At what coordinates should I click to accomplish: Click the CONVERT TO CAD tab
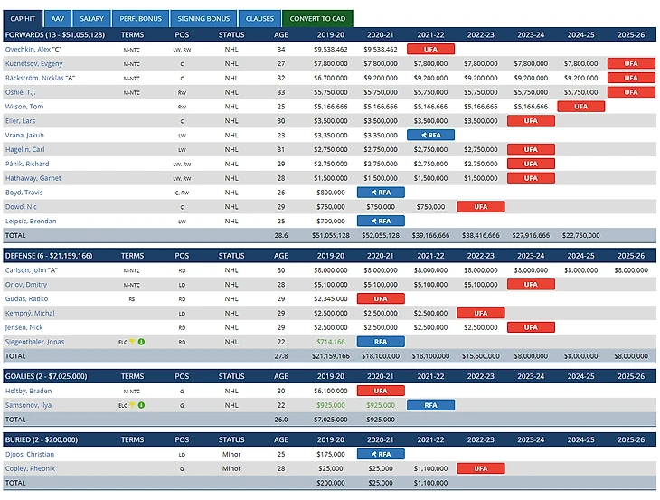(x=317, y=19)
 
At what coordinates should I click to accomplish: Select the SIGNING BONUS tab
(x=203, y=19)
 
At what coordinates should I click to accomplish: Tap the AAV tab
(x=57, y=19)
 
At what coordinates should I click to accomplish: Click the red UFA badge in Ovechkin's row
(x=430, y=49)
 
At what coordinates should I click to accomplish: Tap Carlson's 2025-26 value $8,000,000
(x=630, y=269)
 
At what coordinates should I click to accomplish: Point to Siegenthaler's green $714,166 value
(x=330, y=342)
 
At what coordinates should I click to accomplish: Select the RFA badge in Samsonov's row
(x=430, y=405)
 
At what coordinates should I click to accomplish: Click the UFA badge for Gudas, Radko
(x=381, y=298)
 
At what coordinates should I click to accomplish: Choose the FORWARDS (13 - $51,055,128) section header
(x=54, y=34)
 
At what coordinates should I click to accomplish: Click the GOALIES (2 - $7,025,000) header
(x=51, y=376)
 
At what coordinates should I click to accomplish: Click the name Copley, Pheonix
(x=30, y=468)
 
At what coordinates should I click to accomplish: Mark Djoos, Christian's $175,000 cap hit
(x=331, y=454)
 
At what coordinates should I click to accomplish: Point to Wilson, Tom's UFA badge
(x=581, y=107)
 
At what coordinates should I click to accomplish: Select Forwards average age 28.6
(x=280, y=234)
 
